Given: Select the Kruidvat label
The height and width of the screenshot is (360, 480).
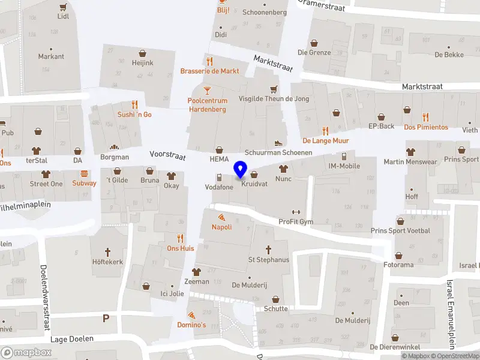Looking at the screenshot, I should click(254, 184).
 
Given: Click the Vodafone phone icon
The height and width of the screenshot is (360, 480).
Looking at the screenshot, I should click(219, 177).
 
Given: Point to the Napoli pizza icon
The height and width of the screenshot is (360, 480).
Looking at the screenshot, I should click(221, 217).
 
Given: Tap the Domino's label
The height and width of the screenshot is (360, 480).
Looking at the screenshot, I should click(191, 325).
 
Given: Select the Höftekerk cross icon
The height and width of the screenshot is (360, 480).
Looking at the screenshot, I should click(108, 251).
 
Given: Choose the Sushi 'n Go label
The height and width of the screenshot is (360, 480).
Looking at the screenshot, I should click(134, 114).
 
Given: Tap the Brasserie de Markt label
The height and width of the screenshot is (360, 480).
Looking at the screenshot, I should click(209, 71).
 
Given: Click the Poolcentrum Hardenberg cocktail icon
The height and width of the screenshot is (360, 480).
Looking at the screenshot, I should click(207, 91).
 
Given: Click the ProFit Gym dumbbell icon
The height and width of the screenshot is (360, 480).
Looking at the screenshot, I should click(295, 212).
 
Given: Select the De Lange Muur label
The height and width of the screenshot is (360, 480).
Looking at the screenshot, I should click(326, 140).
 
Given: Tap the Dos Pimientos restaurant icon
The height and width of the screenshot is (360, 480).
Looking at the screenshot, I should click(425, 116).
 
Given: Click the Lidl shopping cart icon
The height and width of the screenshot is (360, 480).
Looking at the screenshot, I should click(63, 7).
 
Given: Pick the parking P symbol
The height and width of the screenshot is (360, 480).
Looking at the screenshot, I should click(106, 318).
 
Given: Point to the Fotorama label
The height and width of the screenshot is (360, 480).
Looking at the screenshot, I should click(399, 265).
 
